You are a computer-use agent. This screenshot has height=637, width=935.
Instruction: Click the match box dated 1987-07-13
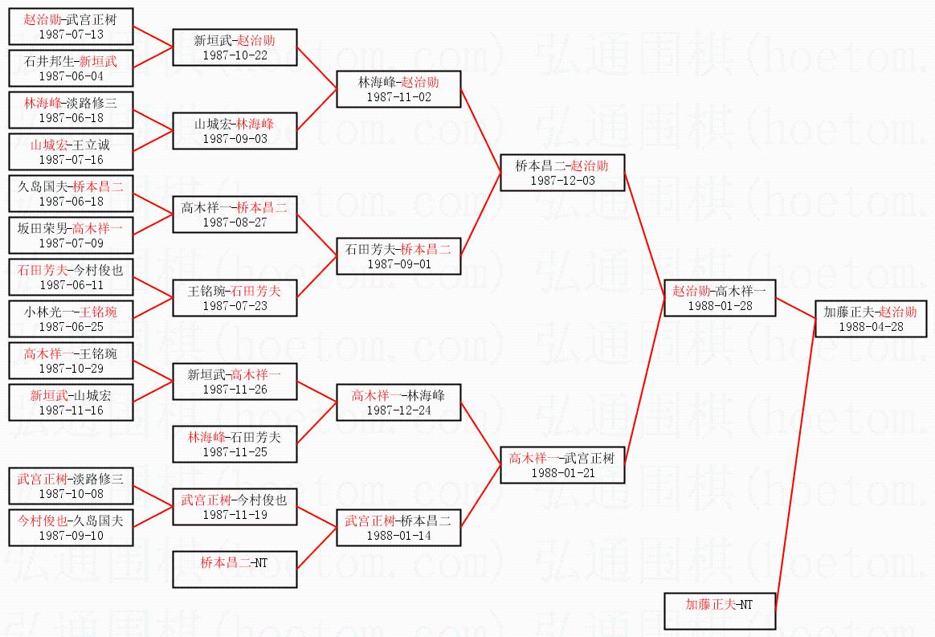(71, 26)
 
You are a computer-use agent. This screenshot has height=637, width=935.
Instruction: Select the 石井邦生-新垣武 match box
(71, 67)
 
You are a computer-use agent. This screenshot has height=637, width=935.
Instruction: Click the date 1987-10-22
(235, 55)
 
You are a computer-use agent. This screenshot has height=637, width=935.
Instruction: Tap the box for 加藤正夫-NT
(719, 610)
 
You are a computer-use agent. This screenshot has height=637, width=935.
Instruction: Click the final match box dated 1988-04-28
(870, 318)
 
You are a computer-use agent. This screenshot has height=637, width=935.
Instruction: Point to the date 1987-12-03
(562, 181)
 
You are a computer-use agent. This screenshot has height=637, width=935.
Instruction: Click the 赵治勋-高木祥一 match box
(719, 297)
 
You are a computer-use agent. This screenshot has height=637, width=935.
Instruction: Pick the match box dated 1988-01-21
(562, 464)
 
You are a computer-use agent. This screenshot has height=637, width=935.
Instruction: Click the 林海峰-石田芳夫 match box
(235, 443)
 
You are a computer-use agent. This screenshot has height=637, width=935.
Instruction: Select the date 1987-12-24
(398, 410)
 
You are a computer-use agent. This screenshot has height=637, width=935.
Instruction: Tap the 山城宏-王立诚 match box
(71, 151)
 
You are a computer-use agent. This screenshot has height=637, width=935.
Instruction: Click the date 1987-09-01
(398, 264)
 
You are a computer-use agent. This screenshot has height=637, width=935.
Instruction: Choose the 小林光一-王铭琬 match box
(71, 318)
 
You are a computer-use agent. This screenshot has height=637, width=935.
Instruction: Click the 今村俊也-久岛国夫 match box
(71, 527)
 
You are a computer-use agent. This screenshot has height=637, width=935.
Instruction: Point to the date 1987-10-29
(71, 369)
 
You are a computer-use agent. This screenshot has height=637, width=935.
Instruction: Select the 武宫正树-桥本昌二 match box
(398, 527)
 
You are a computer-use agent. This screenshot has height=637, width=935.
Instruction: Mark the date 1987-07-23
(235, 306)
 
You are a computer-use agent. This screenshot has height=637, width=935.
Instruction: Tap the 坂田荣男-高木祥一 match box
(71, 235)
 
